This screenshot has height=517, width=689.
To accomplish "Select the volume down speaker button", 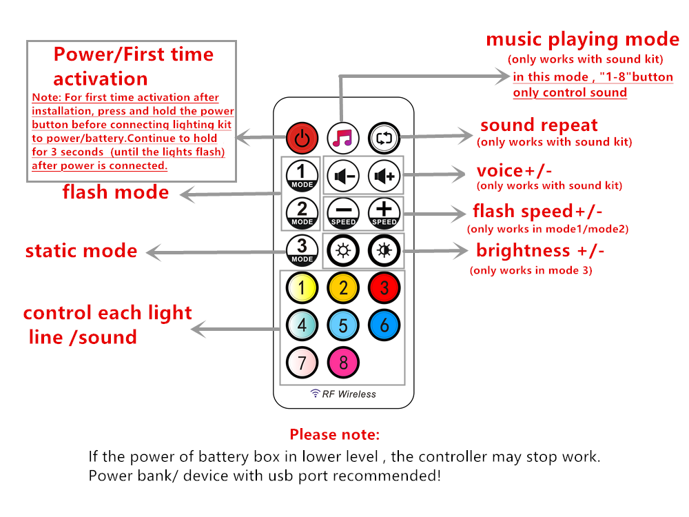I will tap(343, 176).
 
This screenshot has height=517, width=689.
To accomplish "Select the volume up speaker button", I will tap(384, 176).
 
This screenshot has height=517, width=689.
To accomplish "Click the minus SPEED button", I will tap(343, 213).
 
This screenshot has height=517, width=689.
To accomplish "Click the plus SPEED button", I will tap(384, 213).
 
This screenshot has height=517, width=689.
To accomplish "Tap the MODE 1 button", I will tap(302, 176).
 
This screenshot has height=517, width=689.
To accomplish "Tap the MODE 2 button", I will tap(302, 213).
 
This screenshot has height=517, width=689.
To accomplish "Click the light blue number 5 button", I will tap(343, 325).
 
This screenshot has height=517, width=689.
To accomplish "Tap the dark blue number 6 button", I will tap(384, 325).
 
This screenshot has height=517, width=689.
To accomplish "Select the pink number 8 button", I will tap(343, 361).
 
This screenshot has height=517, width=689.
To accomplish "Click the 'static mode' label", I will tap(81, 250).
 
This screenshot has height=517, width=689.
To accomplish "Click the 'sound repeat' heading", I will tap(539, 125).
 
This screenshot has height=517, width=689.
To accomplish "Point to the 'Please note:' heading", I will tap(334, 435).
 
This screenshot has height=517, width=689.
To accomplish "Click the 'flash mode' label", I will tap(115, 192).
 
